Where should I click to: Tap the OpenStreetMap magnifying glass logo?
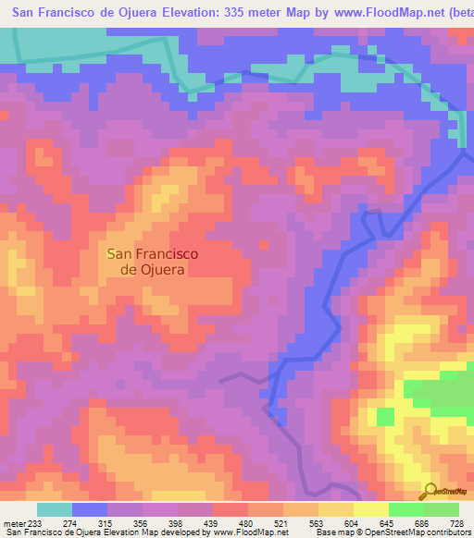coord(430,491)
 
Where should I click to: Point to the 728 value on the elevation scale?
coord(458,524)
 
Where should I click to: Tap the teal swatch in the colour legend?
coord(55,509)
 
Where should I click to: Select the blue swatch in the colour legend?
coord(90,509)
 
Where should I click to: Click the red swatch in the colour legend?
coord(231,509)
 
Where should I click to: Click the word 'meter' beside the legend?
coord(12,524)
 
